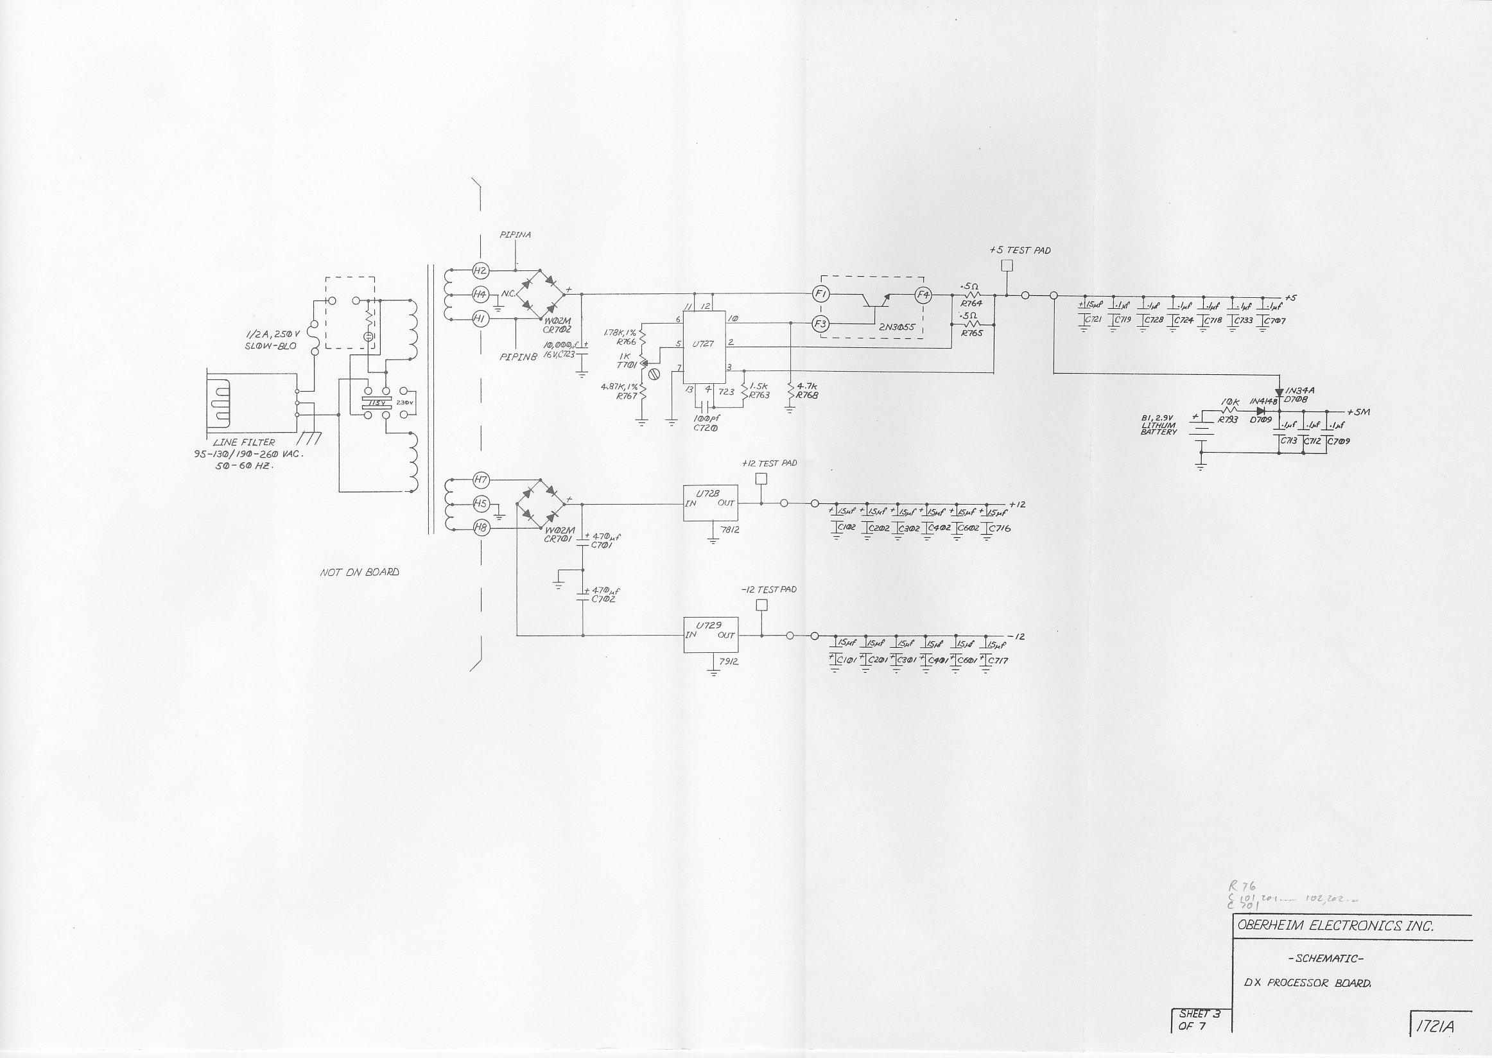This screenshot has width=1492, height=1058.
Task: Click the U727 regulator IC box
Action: pos(704,347)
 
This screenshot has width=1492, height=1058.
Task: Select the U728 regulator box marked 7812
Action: pos(710,503)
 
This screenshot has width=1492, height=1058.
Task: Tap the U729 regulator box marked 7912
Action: pos(711,634)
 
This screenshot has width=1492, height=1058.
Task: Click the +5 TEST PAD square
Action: pos(1007,266)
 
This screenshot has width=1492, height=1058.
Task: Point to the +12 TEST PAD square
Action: pos(760,479)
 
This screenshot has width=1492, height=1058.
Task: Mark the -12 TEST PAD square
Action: pos(761,605)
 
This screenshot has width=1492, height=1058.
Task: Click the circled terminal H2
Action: pos(480,270)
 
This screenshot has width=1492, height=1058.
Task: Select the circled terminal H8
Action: pos(481,528)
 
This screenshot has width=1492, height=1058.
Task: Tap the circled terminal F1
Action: pos(820,295)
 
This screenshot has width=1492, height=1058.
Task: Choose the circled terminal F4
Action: pos(923,295)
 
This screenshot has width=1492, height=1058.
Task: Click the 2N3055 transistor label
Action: pos(897,327)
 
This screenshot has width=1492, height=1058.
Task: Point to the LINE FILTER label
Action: pos(244,442)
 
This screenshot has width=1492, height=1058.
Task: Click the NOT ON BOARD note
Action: pos(359,572)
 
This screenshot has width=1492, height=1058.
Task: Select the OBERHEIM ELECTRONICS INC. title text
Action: pos(1335,926)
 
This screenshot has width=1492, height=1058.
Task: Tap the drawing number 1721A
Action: pos(1434,1027)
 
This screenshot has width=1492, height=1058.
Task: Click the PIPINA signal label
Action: pos(515,235)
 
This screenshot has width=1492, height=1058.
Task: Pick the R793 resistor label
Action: pos(1227,421)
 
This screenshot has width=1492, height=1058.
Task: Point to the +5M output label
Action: pos(1358,412)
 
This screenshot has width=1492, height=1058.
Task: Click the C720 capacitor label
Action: pos(706,428)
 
